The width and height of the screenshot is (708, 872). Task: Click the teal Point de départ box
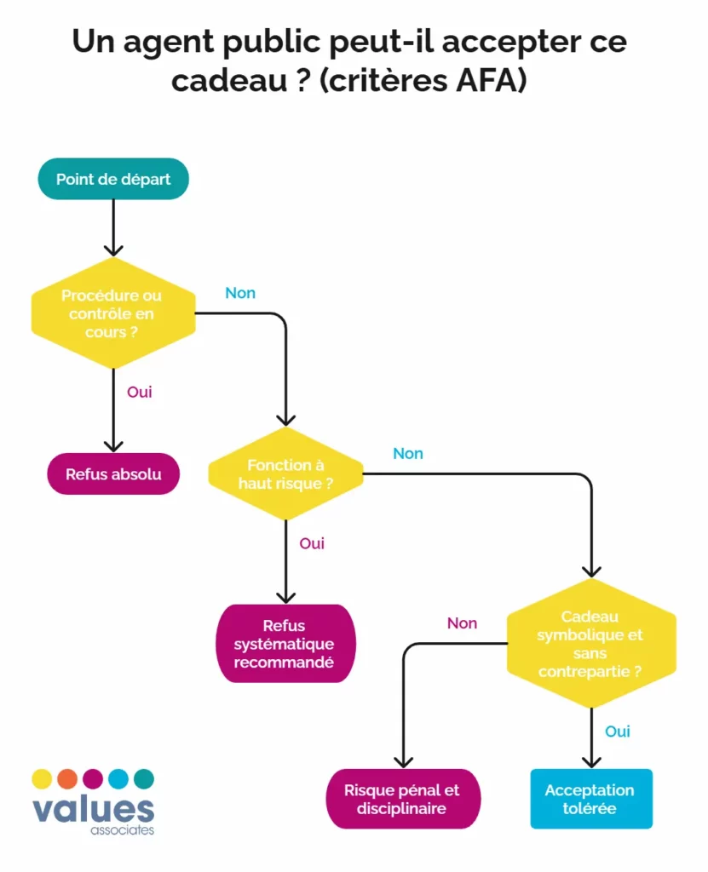[x=112, y=179]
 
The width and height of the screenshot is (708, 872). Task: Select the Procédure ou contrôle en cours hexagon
[x=112, y=313]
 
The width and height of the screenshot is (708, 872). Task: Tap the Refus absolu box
[x=113, y=474]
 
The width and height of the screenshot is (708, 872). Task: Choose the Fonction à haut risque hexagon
[x=285, y=474]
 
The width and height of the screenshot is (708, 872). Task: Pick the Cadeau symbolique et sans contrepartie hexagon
[x=591, y=644]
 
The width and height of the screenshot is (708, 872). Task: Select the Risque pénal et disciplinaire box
[x=402, y=799]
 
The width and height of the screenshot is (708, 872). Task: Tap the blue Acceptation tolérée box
[x=590, y=799]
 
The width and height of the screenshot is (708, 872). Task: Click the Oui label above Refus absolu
[x=140, y=393]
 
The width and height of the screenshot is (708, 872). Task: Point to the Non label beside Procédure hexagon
[x=240, y=293]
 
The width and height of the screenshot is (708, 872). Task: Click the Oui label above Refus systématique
[x=312, y=543]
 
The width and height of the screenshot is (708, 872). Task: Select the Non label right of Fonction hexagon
[x=408, y=454]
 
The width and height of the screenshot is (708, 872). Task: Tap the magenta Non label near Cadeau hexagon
[x=462, y=623]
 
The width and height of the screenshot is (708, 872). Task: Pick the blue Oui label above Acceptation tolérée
[x=618, y=731]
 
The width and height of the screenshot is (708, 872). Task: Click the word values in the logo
[x=93, y=809]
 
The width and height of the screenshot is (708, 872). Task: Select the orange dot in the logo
[x=67, y=778]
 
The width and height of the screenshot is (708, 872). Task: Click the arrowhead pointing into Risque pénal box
[x=402, y=760]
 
